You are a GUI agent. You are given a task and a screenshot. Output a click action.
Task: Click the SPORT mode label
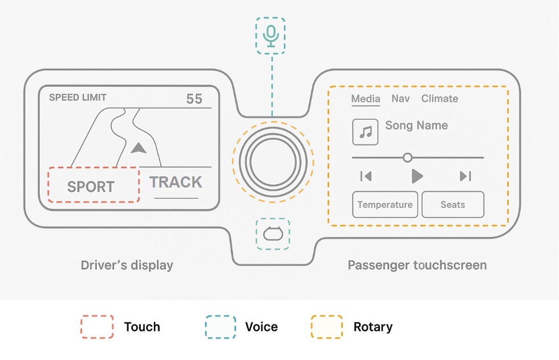91,186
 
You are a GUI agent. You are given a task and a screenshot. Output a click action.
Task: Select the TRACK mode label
176,182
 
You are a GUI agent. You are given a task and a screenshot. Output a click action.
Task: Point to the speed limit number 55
194,99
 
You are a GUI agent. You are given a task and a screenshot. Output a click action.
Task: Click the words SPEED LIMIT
78,97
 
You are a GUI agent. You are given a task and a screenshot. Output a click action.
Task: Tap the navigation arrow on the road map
138,148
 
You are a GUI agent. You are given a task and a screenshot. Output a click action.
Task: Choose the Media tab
365,99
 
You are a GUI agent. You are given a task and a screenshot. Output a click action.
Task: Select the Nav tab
400,99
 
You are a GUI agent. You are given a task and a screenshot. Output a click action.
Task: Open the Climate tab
439,99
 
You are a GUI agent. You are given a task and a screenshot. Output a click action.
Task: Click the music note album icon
365,132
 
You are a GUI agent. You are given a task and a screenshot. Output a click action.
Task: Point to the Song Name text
416,125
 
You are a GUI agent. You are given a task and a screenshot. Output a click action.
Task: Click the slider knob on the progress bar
407,158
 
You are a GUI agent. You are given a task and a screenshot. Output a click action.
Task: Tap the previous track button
366,176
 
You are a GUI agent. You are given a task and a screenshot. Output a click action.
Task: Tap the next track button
465,176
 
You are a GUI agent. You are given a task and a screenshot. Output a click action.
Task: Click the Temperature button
385,205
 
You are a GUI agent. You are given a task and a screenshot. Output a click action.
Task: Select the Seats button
452,205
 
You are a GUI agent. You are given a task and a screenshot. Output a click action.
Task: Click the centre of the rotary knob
273,161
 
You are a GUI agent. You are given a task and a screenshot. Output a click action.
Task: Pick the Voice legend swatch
221,327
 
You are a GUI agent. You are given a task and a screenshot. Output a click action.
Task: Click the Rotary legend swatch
326,327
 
